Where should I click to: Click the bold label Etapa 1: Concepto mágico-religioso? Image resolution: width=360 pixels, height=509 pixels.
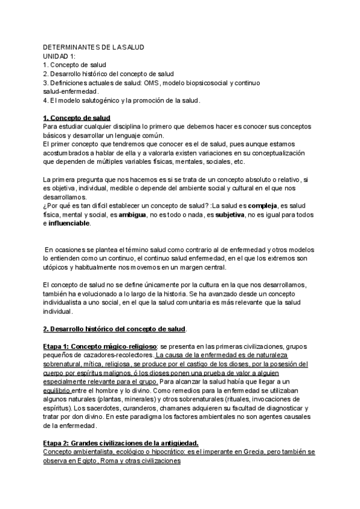coord(100,347)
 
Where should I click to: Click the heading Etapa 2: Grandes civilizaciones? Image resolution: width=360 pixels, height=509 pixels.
coord(121,444)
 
